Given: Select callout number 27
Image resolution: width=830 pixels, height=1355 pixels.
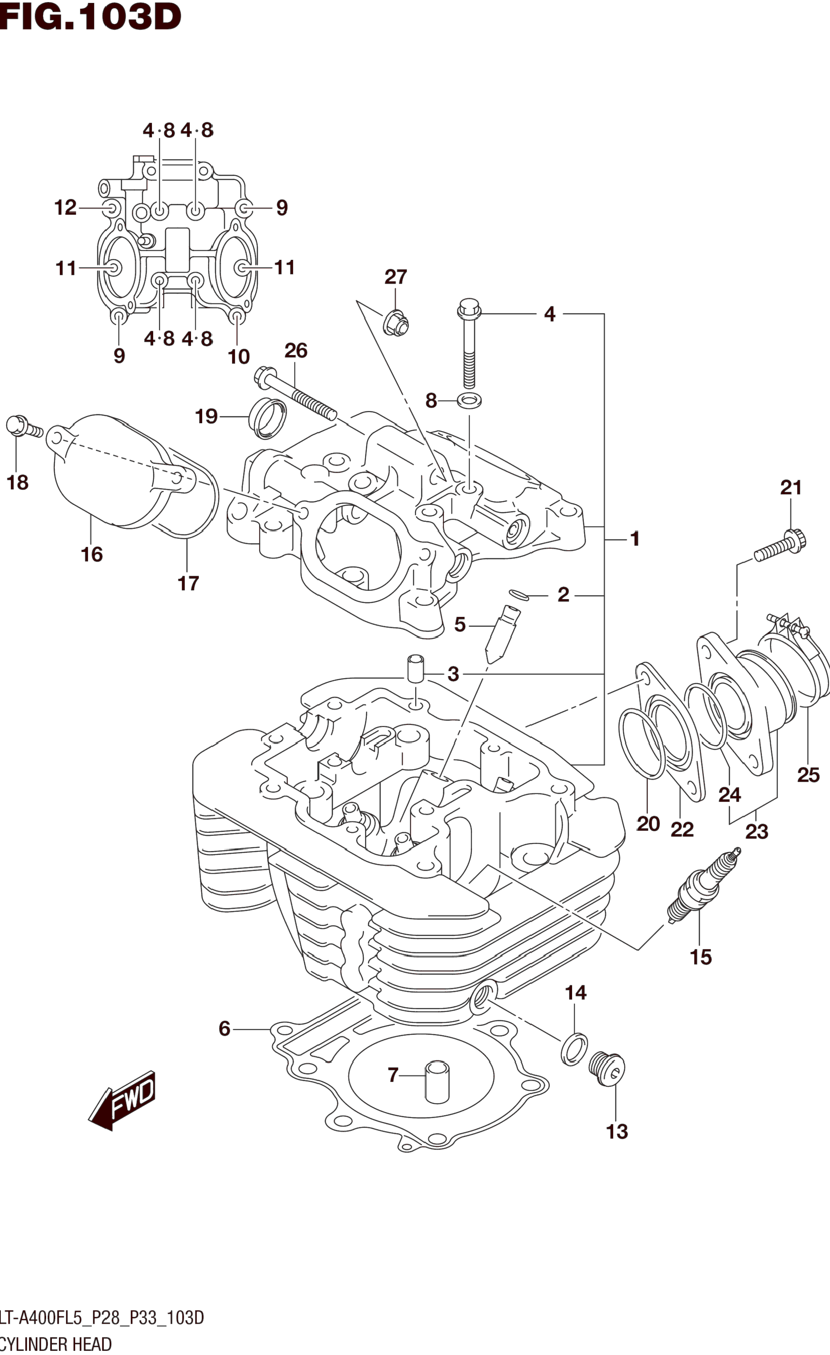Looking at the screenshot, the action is click(395, 277).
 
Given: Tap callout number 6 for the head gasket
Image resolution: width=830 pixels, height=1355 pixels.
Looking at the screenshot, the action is click(224, 1028).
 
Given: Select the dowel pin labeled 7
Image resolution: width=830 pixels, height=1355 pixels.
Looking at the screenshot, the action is click(437, 1082).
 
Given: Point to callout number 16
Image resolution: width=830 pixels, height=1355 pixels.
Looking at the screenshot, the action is click(92, 554).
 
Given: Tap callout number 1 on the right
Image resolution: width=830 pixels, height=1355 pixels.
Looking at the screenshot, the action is click(635, 539).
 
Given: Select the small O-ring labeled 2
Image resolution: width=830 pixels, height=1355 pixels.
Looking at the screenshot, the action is click(519, 595).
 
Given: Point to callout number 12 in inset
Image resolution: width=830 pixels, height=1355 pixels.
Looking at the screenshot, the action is click(65, 208).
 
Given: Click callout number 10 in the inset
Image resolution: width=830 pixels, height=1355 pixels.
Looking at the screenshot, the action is click(239, 357).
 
